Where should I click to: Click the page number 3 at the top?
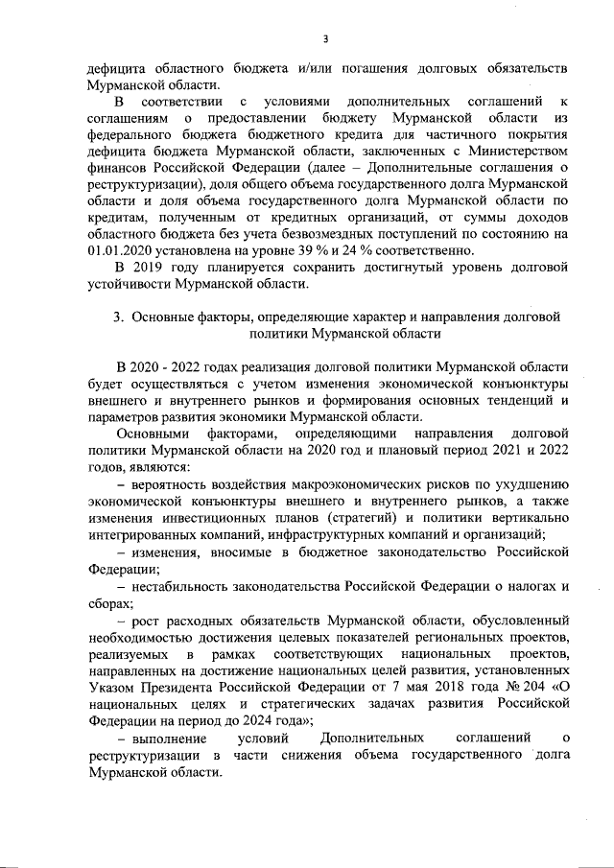[x=325, y=38]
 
